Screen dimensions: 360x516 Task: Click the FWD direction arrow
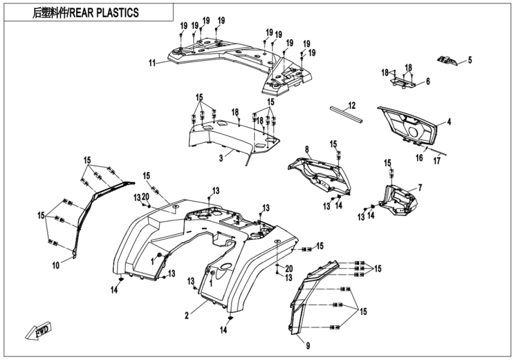38,331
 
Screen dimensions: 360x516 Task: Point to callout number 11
152,62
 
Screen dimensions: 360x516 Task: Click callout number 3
221,158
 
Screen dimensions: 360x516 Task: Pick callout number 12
352,105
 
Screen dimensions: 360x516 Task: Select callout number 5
470,59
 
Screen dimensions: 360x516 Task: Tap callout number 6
427,82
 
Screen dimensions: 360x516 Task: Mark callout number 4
448,122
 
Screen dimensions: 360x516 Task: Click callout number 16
419,157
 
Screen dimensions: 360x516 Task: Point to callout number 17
437,160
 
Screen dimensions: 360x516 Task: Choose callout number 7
419,188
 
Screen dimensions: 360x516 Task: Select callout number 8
307,149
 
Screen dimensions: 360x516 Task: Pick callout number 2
187,314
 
